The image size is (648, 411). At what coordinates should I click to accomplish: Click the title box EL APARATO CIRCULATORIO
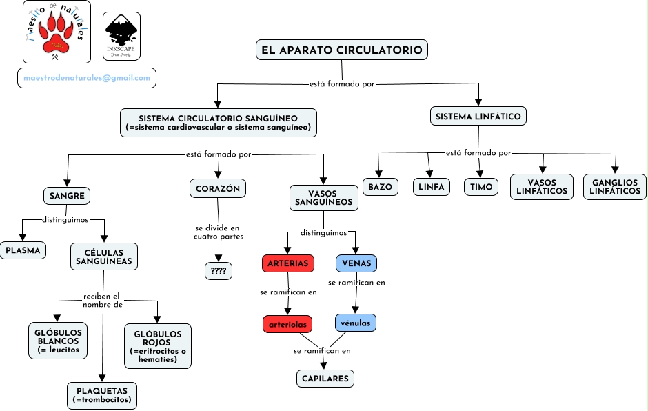tap(342, 50)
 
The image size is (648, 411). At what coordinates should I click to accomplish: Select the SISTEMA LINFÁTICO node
tap(478, 117)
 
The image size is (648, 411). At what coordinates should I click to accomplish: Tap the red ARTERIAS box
tap(288, 263)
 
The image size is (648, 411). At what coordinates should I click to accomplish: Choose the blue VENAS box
tap(356, 263)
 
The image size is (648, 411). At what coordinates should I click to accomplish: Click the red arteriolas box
tap(287, 323)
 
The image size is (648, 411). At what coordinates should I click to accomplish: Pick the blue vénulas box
tap(356, 323)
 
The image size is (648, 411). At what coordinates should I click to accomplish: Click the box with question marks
tap(219, 271)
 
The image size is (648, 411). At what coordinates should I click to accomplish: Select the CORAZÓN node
tap(218, 188)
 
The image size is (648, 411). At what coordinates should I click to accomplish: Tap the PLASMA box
tap(23, 250)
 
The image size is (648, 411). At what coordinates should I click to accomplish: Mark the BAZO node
tap(380, 187)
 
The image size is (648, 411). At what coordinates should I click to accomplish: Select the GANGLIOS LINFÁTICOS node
tap(615, 187)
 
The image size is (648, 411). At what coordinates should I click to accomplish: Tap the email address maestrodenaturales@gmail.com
tap(87, 78)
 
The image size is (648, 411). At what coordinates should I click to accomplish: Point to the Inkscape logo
tap(121, 36)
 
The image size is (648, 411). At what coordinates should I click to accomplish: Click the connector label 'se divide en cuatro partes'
tap(216, 232)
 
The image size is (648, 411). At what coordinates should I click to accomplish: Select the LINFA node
tap(431, 187)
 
